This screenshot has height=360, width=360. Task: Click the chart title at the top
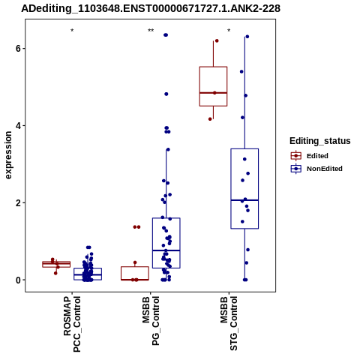point(151,8)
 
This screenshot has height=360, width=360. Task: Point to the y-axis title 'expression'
point(8,155)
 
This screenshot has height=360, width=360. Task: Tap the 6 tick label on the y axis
point(18,48)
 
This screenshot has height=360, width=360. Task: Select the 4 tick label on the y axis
point(18,125)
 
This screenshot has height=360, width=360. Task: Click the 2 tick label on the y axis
point(18,202)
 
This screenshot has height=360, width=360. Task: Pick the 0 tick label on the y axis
point(18,280)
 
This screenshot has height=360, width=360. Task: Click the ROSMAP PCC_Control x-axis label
point(72,324)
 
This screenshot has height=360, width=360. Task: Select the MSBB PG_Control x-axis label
point(151,321)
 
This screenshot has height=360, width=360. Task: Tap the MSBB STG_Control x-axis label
point(229,323)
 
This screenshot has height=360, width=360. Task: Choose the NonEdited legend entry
point(316,169)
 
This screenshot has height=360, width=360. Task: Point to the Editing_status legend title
point(320,141)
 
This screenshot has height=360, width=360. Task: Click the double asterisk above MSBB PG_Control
point(151,31)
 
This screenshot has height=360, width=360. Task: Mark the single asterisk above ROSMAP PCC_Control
point(72,31)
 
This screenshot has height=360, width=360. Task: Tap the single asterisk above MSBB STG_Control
point(229,31)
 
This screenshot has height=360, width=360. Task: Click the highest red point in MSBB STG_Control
point(217,40)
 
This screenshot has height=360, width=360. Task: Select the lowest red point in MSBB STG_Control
point(210,119)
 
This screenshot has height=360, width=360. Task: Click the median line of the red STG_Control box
point(213,93)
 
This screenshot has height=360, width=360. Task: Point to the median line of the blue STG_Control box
point(244,200)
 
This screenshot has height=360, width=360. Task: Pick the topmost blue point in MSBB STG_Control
point(247,37)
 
